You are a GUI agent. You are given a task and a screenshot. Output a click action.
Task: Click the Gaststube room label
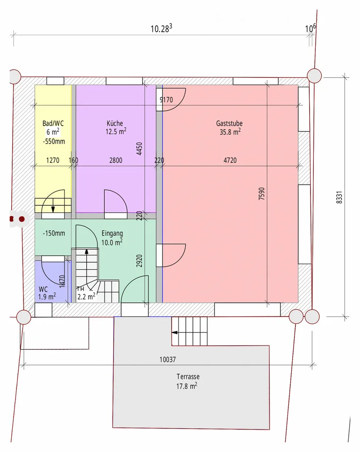(x=229, y=123)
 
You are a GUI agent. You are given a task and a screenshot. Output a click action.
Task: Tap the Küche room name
(x=115, y=123)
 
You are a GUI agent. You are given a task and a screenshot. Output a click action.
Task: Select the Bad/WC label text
(x=53, y=123)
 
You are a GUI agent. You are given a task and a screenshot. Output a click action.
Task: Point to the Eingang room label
(x=112, y=234)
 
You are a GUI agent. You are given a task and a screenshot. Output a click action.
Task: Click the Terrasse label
(x=188, y=377)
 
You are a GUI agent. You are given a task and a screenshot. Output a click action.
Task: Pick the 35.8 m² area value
(x=230, y=132)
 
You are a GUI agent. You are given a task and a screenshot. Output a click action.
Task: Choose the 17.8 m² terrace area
(x=187, y=386)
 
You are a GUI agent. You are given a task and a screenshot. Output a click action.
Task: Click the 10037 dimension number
(x=168, y=359)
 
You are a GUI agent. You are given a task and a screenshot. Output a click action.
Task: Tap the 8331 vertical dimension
(x=339, y=197)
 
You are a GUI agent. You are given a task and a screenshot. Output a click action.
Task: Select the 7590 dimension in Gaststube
(x=262, y=194)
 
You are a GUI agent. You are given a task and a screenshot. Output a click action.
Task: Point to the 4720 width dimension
(x=230, y=160)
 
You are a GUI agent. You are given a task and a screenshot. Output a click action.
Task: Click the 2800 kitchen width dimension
(x=115, y=160)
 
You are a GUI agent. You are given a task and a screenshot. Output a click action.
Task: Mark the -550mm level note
(x=54, y=142)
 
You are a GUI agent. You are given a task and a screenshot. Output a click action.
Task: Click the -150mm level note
(x=54, y=233)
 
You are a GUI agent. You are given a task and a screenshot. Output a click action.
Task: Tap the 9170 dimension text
(x=166, y=100)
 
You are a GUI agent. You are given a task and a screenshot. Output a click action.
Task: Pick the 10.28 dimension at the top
(x=162, y=28)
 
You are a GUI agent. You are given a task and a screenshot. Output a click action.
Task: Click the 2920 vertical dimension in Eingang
(x=139, y=260)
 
